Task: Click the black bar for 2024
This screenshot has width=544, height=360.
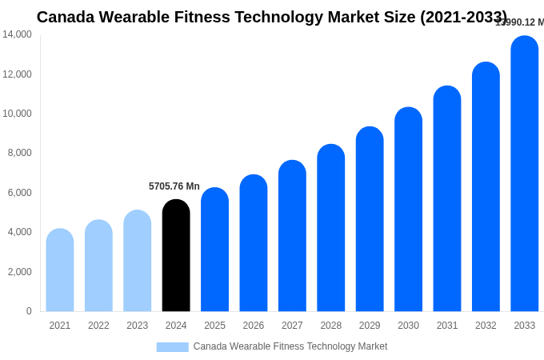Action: click(x=176, y=256)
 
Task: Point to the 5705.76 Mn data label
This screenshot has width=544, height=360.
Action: click(x=174, y=186)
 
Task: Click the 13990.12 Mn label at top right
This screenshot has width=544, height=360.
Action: click(x=520, y=22)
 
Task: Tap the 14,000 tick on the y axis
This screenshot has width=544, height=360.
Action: click(x=18, y=34)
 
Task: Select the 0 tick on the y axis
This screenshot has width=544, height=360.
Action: click(x=29, y=311)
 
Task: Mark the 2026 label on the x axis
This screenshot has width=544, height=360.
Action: click(x=253, y=326)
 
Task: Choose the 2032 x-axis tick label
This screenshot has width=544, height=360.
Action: click(x=486, y=326)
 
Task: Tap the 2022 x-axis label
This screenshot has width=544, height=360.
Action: click(x=98, y=326)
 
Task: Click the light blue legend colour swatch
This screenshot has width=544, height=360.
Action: click(x=172, y=347)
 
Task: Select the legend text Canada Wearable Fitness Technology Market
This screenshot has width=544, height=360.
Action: click(x=290, y=346)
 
